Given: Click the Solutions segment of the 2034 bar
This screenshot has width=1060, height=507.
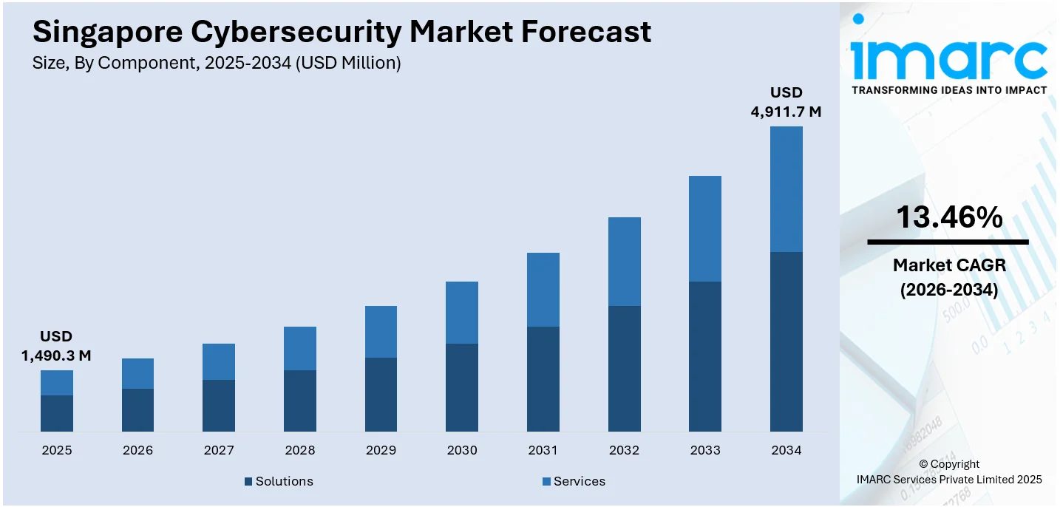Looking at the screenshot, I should tap(786, 341).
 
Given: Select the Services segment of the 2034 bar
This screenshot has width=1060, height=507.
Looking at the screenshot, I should tap(786, 189).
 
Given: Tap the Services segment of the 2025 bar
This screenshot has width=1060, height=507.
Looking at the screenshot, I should tap(57, 383).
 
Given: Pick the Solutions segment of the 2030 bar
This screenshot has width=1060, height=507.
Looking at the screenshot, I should tap(462, 387).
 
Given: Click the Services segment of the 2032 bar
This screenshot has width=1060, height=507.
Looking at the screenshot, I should tap(624, 262).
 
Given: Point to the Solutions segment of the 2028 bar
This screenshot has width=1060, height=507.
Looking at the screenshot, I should tap(300, 401).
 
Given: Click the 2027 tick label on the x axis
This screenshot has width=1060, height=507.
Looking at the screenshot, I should tap(219, 450).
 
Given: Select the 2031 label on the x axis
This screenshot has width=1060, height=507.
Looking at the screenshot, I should tap(543, 450).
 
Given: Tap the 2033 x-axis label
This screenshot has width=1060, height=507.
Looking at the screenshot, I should tap(705, 450).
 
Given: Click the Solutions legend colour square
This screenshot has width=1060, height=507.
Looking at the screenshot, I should tap(248, 482).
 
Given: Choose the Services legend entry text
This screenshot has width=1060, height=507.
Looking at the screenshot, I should tap(579, 482).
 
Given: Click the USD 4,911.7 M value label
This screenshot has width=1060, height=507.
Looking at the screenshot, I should tap(786, 103).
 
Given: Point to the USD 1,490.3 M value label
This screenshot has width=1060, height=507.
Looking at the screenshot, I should tap(56, 347).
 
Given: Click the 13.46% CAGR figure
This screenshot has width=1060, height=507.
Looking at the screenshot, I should tap(949, 217).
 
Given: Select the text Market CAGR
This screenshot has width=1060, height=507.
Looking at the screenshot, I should tap(949, 265).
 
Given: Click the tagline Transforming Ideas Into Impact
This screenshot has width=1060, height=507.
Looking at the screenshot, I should tap(949, 90).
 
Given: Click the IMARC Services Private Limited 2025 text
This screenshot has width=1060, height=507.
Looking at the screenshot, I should tap(949, 480).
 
